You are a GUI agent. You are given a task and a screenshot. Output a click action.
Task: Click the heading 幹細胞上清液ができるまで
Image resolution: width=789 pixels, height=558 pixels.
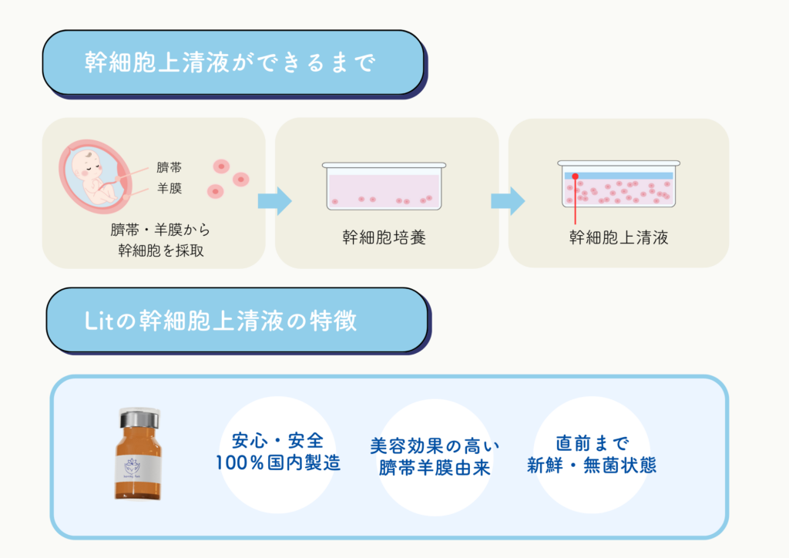[x=230, y=62]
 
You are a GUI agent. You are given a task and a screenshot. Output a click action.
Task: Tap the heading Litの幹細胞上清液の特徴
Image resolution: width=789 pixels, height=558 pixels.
[x=221, y=321]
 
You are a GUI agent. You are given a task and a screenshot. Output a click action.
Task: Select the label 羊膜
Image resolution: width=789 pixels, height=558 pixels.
[x=170, y=188]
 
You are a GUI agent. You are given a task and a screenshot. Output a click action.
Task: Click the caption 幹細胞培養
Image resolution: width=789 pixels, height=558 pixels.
[x=384, y=237]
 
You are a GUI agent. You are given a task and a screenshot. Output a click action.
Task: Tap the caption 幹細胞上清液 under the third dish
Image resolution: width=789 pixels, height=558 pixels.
[x=619, y=237]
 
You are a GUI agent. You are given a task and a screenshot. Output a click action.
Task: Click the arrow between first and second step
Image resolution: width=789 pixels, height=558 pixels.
[x=275, y=201]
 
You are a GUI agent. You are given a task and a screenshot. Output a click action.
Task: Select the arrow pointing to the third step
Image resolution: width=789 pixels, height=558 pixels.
[x=508, y=201]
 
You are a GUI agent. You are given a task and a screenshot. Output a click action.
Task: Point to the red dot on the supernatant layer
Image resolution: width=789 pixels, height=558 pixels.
[x=575, y=176]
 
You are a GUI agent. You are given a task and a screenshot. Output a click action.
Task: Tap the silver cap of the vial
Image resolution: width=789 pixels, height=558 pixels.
[x=139, y=418]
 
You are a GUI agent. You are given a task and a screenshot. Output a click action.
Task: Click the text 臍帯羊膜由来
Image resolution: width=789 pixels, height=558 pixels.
[x=435, y=468]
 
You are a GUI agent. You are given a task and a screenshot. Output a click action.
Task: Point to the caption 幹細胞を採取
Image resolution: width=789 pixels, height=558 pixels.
[x=160, y=250]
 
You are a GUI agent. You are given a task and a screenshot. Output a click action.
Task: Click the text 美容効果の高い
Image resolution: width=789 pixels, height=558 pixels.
[x=435, y=445]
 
